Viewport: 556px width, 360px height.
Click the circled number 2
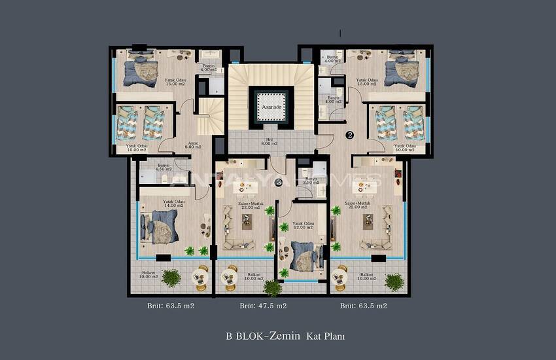click(349, 135)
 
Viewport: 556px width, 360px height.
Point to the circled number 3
click(279, 183)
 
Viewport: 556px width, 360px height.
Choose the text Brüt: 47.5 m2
click(263, 306)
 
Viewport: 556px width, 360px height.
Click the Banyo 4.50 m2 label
click(163, 167)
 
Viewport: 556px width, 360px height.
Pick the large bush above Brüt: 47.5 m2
click(273, 287)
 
